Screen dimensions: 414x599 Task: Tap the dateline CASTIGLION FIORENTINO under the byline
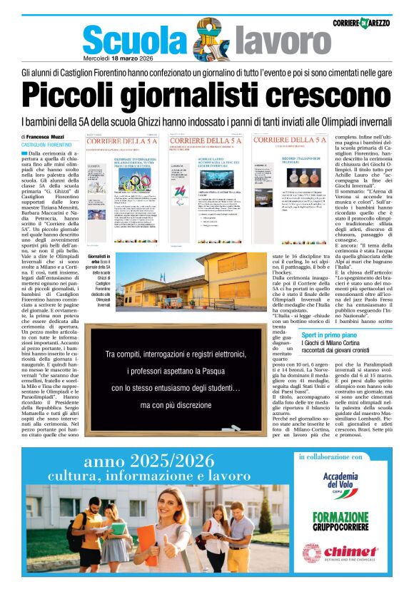(46, 145)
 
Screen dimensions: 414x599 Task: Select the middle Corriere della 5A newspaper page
(208, 188)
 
